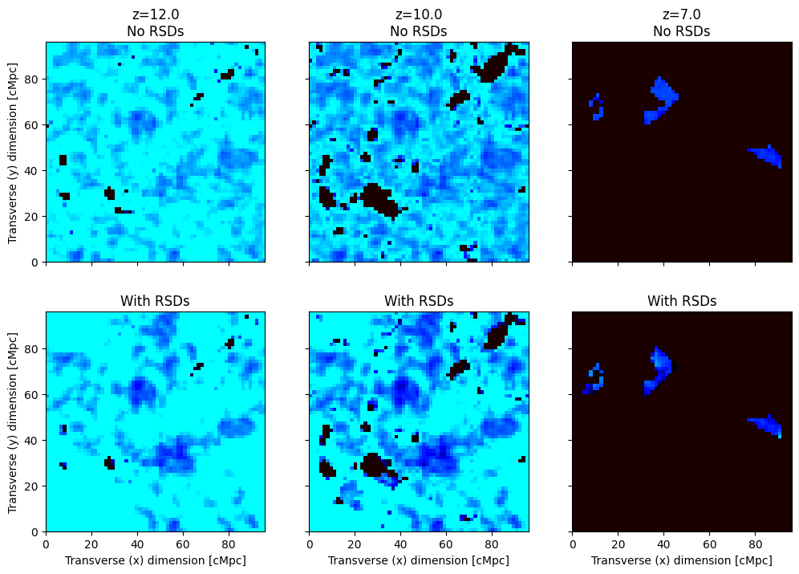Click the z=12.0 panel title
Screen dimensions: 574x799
point(155,22)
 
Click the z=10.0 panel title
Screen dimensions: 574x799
point(419,22)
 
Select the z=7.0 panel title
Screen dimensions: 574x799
point(682,22)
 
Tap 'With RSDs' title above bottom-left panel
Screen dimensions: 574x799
point(155,301)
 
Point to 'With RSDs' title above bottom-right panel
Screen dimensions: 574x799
point(682,301)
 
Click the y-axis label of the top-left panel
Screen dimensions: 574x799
point(13,152)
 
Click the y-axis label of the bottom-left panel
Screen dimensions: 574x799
point(13,421)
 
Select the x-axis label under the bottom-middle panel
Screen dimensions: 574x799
point(419,560)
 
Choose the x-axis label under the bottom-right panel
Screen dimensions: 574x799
point(682,560)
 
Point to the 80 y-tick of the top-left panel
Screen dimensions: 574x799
point(34,79)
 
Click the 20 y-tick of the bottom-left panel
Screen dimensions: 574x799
point(34,486)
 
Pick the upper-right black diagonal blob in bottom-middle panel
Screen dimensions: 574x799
point(497,333)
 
